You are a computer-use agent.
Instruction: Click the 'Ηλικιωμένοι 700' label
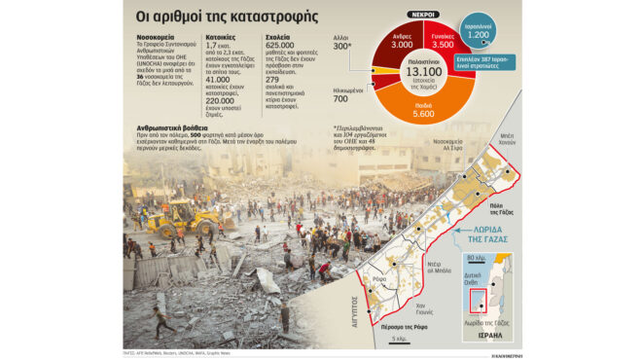coord(340,94)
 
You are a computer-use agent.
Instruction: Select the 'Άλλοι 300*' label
coord(341,42)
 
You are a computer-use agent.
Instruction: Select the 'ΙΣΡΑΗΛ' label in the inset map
coord(491,335)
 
